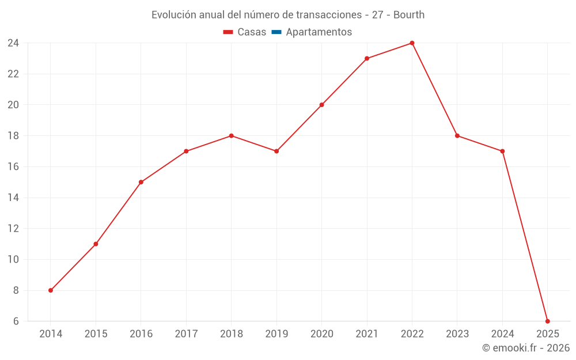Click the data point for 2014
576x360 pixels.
51,290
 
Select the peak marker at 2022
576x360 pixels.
412,43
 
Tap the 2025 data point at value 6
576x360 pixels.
547,321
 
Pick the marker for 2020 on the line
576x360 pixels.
321,105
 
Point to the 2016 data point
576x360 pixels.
141,182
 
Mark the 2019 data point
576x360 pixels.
276,151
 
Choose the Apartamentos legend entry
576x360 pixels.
319,32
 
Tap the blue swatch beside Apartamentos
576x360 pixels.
276,32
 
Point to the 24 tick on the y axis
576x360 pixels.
13,43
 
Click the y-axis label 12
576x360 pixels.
13,229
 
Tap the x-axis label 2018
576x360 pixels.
231,334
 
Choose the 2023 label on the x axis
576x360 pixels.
457,334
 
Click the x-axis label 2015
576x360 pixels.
96,334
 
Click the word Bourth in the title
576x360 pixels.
409,15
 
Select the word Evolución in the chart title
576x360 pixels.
173,15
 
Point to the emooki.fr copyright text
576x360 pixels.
526,348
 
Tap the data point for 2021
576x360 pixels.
367,59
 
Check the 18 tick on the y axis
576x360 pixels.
13,136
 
